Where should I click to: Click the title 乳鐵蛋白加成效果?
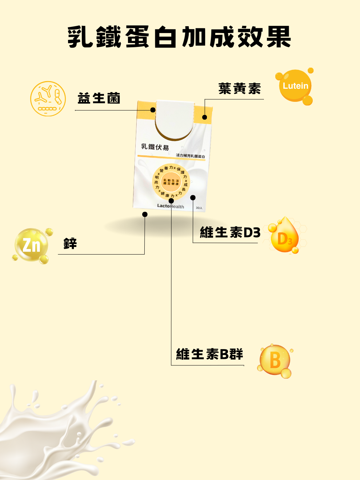pos(179,37)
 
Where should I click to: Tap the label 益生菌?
pos(99,98)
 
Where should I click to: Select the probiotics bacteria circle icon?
pos(48,99)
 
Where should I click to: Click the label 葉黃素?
pos(240,89)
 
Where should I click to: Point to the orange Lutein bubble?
pos(295,86)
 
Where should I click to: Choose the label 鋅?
pos(70,243)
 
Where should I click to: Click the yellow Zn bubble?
pos(32,245)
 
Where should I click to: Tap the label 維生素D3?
pos(230,232)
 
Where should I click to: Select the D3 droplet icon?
pos(285,236)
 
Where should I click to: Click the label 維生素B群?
pos(209,354)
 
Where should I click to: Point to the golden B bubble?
pos(275,360)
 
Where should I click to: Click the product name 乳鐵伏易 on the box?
pos(155,147)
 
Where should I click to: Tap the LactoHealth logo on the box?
pos(171,206)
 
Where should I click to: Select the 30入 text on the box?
pos(199,208)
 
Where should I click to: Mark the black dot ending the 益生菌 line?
pos(153,110)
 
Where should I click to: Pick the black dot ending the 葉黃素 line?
pos(205,117)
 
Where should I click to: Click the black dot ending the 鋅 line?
pos(145,214)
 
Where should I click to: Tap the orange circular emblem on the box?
pos(171,182)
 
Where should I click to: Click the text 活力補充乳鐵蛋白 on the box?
pos(190,156)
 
